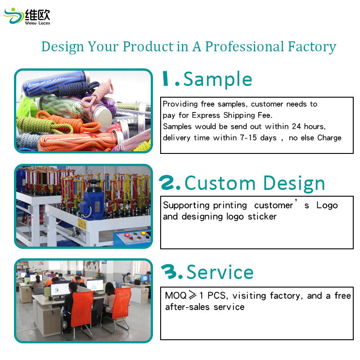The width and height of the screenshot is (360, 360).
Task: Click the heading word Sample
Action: click(218, 80)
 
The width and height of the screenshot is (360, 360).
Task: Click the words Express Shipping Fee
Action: click(238, 115)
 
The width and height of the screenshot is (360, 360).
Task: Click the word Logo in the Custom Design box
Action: click(327, 205)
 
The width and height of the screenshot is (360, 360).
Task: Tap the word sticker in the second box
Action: click(262, 216)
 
